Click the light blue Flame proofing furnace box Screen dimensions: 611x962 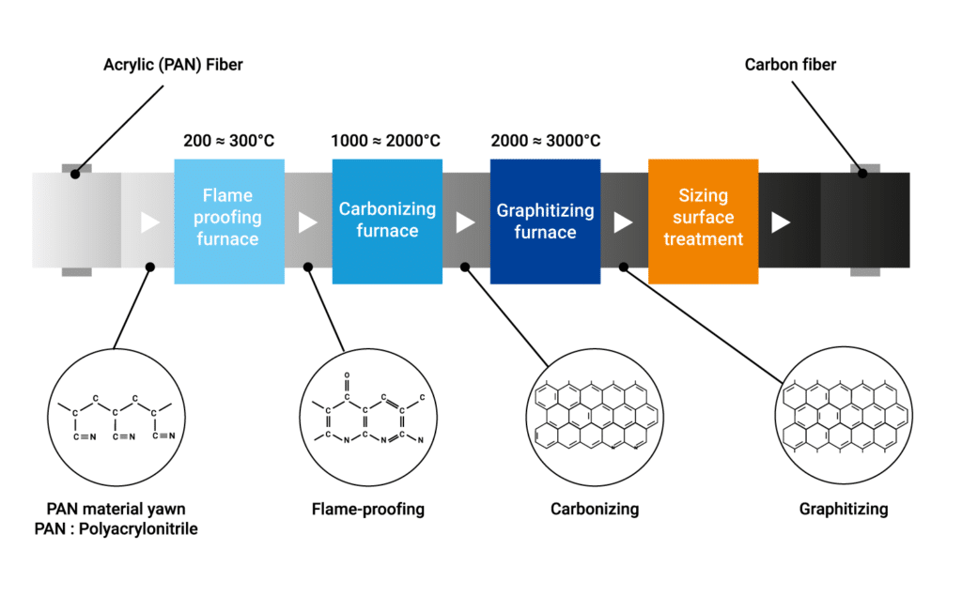click(x=228, y=221)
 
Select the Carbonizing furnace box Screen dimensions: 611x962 click(x=387, y=221)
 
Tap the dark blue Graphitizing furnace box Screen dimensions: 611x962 click(x=545, y=221)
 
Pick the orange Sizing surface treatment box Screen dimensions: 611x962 click(x=703, y=221)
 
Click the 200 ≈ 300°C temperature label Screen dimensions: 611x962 click(x=228, y=141)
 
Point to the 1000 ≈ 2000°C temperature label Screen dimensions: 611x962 click(x=386, y=141)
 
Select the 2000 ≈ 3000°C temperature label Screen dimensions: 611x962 click(x=545, y=141)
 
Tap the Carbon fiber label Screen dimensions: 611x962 click(x=790, y=65)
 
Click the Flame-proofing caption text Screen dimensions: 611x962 click(x=368, y=510)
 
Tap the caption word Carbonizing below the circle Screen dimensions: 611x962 click(x=595, y=510)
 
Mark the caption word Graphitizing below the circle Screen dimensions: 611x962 click(x=844, y=510)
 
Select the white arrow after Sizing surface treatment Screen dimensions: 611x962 click(x=781, y=222)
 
